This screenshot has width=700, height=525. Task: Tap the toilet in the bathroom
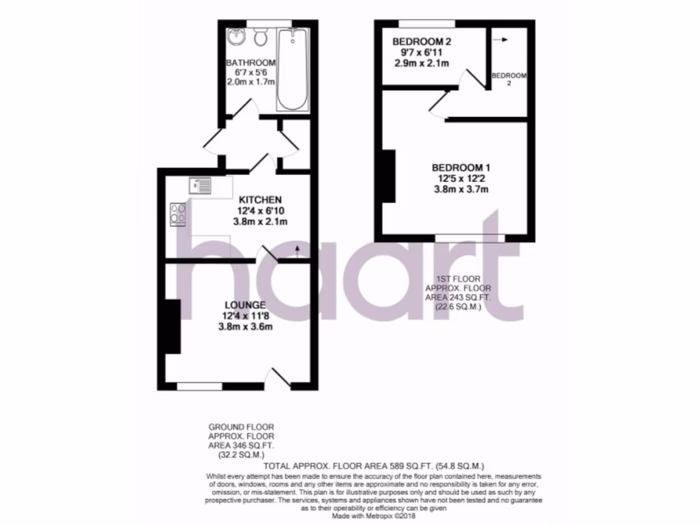[x=260, y=35]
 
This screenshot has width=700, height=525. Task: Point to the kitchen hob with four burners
[x=178, y=214]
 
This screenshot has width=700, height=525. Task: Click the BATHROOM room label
[x=251, y=62]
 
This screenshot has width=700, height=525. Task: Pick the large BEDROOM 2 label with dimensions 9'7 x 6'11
[x=422, y=42]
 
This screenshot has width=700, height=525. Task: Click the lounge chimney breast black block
[x=172, y=326]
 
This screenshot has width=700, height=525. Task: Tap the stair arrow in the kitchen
[x=297, y=250]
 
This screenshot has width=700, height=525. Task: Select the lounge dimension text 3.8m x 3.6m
[x=245, y=326]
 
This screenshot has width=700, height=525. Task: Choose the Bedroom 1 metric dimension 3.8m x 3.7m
[x=460, y=189]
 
